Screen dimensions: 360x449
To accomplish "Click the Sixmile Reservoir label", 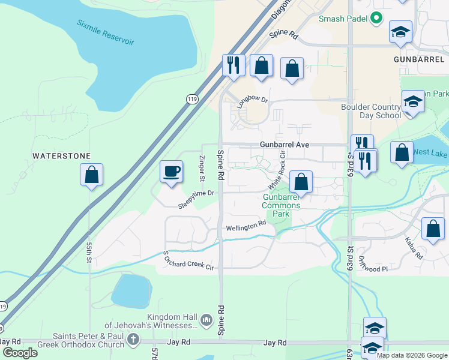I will tap(105, 32).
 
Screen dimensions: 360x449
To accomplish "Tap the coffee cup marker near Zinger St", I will tap(171, 172).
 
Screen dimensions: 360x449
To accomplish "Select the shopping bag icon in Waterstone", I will tap(91, 175).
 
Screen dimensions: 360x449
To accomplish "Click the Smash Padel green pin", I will tap(377, 19).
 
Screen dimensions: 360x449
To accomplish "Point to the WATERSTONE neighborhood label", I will tap(61, 156).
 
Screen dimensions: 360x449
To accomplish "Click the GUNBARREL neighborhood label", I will tap(418, 60).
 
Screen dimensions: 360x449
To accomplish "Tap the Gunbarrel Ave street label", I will tap(284, 145).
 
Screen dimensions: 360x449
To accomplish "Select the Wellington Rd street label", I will tap(246, 226).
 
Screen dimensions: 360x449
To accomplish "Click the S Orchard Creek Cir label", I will tap(188, 259).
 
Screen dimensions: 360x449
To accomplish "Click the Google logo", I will tap(20, 352).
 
